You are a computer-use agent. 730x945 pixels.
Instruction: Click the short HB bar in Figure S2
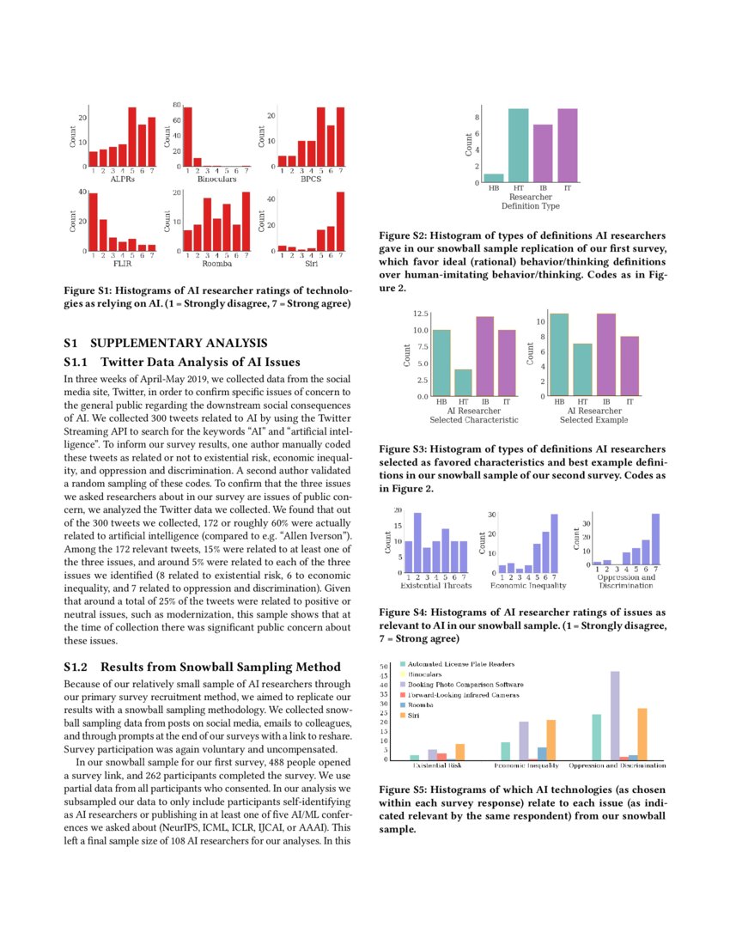click(x=494, y=178)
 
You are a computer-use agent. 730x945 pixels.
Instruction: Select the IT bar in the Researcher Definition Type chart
click(x=568, y=146)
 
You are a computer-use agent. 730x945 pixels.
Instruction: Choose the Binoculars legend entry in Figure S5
click(x=424, y=675)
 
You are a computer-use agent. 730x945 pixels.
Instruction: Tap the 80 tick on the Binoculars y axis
click(x=177, y=105)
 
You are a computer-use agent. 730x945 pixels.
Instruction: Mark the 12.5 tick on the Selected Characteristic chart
click(x=421, y=314)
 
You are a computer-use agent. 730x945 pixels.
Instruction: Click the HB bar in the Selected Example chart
click(x=559, y=355)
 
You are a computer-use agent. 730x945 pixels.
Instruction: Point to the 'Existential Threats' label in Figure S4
click(x=437, y=586)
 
